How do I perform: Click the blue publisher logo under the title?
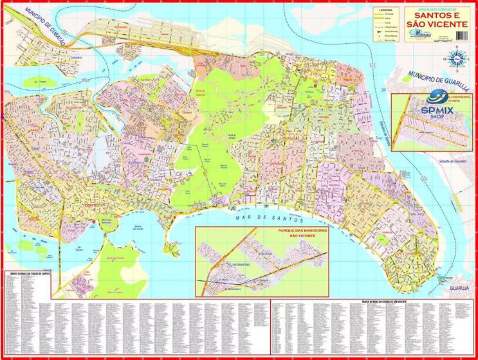(424, 36)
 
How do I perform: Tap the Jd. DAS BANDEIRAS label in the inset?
(230, 264)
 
